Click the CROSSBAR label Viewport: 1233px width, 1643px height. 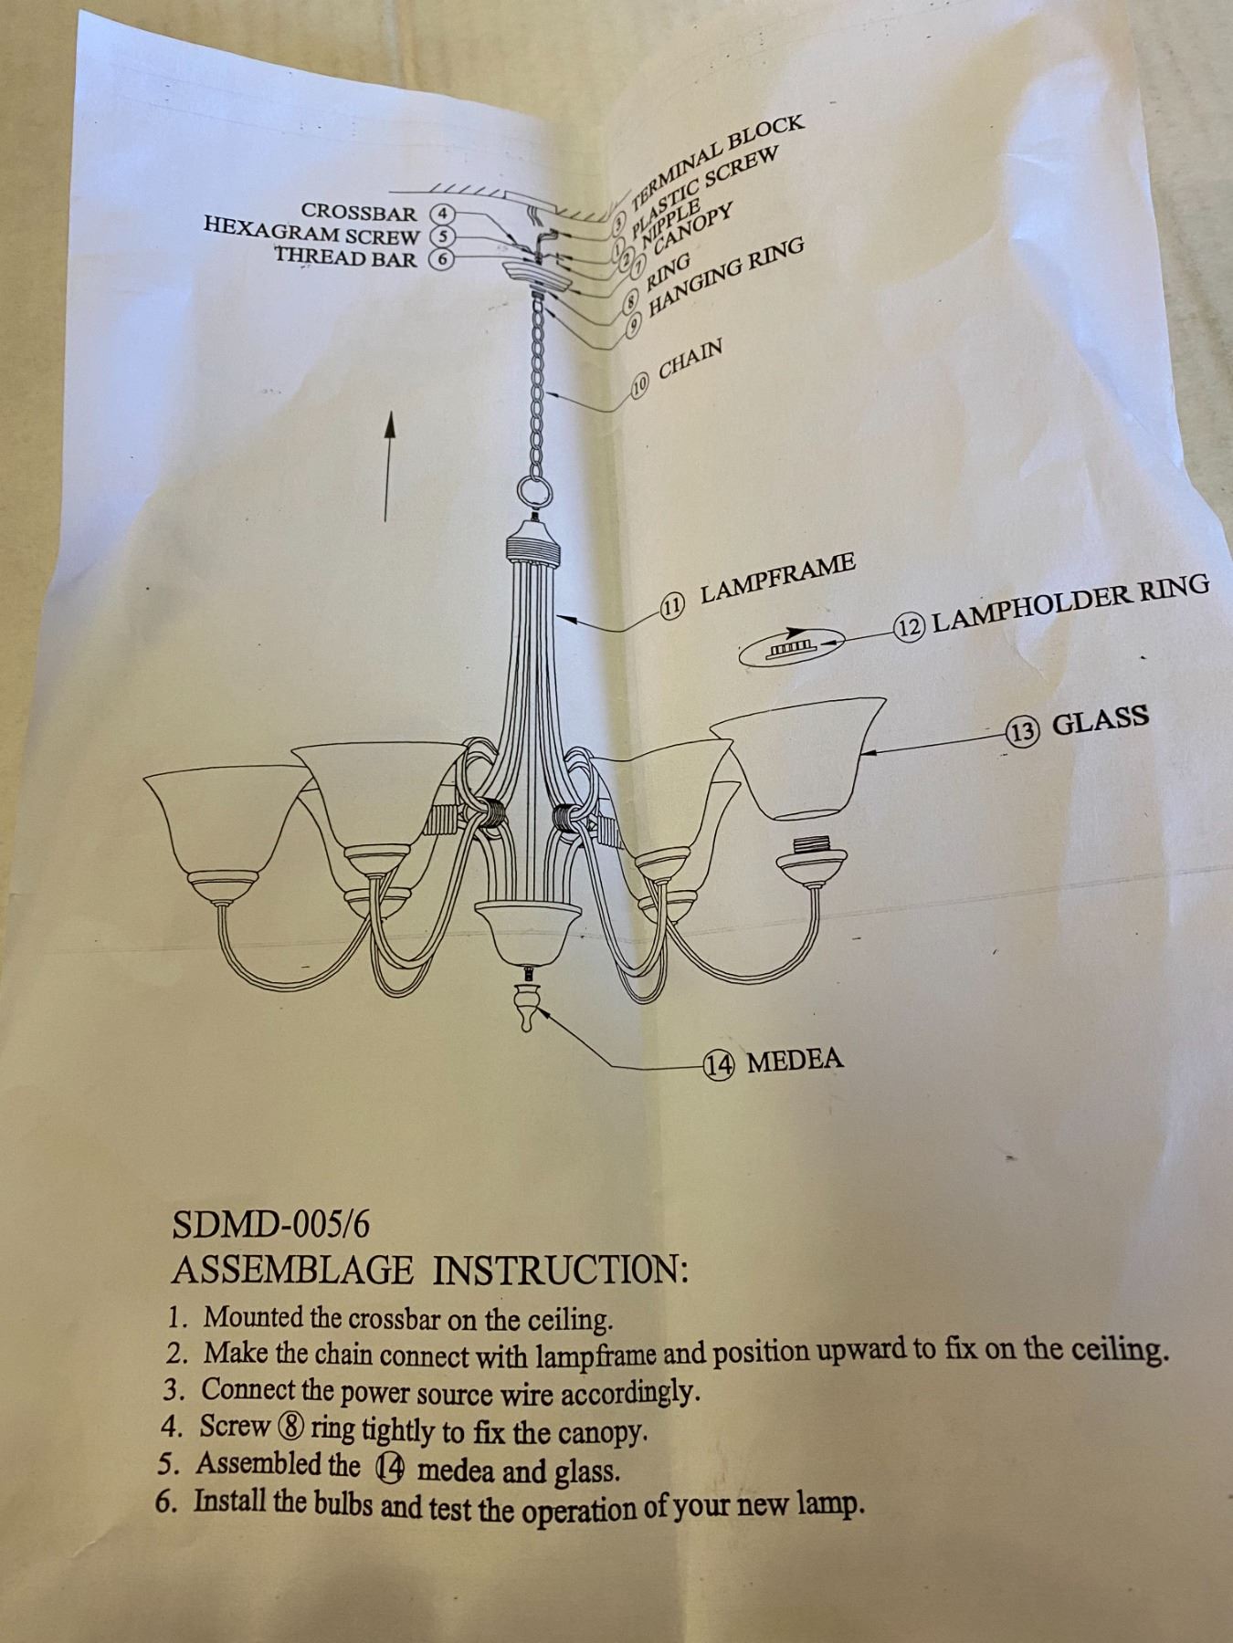(x=359, y=213)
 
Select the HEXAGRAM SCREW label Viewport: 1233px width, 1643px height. (x=311, y=235)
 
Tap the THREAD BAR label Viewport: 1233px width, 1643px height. (x=346, y=257)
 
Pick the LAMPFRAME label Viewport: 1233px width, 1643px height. (x=778, y=578)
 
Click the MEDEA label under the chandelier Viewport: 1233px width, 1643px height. (x=795, y=1060)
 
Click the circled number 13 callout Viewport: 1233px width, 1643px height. (x=1022, y=731)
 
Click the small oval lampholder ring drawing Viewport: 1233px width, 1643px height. (x=790, y=648)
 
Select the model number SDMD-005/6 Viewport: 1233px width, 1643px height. (x=271, y=1225)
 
